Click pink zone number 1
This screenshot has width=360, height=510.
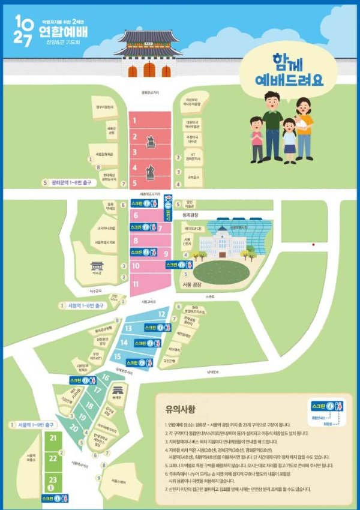(x=136, y=120)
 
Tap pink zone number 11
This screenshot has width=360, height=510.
(x=136, y=283)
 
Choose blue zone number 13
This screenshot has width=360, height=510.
(x=128, y=328)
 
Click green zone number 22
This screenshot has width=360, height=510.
(x=53, y=458)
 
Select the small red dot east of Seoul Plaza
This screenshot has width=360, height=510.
(x=313, y=245)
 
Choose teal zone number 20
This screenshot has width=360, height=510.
(x=74, y=428)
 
